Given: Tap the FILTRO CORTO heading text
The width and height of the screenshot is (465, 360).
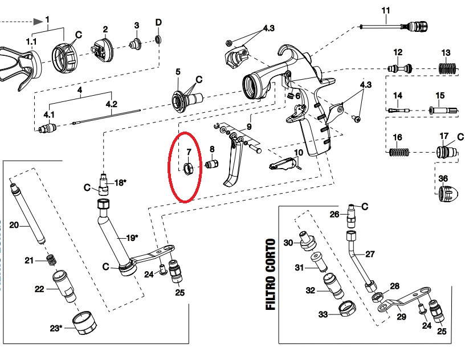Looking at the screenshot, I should point(271,275).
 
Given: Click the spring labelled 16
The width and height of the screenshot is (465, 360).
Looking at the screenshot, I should point(398,153).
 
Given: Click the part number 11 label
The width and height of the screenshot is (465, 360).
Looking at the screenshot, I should point(386,10).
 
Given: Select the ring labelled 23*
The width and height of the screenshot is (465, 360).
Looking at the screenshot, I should point(84,325).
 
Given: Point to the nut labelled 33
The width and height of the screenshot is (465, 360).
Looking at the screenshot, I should point(344,309).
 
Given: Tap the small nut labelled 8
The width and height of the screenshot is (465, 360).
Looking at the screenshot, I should point(213,166).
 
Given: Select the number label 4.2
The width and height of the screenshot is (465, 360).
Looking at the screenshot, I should point(111,104).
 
